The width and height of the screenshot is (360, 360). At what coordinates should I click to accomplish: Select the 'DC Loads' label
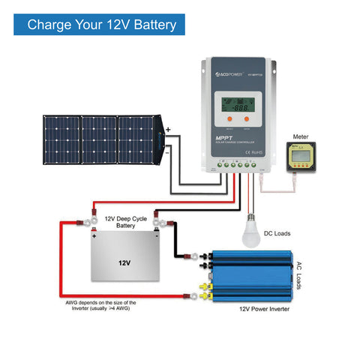pyautogui.click(x=277, y=234)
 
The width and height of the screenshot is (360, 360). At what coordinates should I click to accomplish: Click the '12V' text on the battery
pyautogui.click(x=124, y=263)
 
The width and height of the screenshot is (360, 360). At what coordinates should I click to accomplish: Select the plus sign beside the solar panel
pyautogui.click(x=169, y=130)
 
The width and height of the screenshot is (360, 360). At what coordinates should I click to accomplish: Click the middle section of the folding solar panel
pyautogui.click(x=99, y=140)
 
